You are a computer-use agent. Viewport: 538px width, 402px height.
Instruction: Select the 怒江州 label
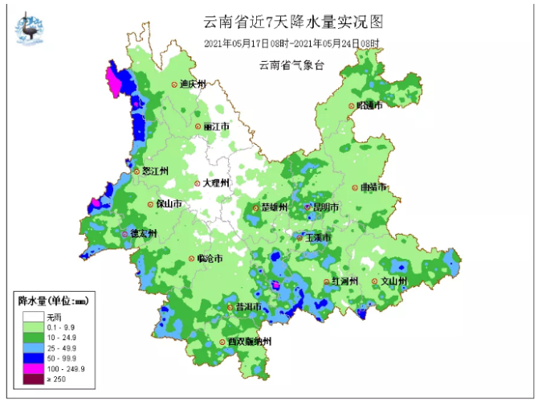click(153, 171)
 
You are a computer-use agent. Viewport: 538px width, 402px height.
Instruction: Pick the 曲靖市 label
click(374, 187)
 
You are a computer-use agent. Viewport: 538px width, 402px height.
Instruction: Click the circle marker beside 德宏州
click(124, 234)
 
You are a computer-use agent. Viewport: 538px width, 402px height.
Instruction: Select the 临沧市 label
click(210, 259)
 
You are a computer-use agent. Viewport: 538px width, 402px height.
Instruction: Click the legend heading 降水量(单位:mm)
click(52, 301)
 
